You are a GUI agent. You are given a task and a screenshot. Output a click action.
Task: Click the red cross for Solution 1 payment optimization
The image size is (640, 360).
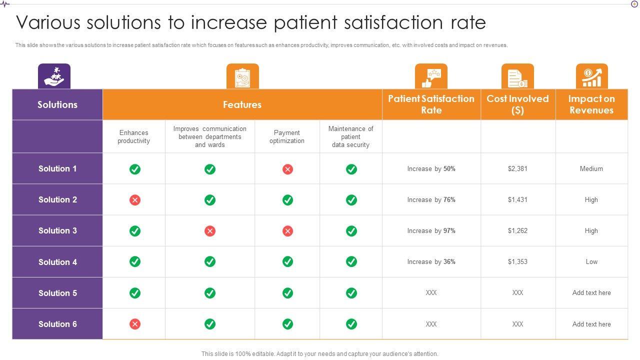pyautogui.click(x=287, y=169)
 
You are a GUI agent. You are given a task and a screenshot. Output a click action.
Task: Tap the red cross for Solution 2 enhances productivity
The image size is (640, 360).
pyautogui.click(x=135, y=200)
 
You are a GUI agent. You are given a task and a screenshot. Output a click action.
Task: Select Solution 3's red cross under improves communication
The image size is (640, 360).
pyautogui.click(x=210, y=231)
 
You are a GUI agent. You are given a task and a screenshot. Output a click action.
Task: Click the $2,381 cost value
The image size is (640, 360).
pyautogui.click(x=517, y=169)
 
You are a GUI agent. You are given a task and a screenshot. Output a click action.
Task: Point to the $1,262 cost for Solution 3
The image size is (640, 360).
pyautogui.click(x=517, y=231)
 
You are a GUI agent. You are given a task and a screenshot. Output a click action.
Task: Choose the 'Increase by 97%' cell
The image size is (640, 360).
pyautogui.click(x=431, y=231)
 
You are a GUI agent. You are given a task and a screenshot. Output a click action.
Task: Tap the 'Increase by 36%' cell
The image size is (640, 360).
pyautogui.click(x=431, y=262)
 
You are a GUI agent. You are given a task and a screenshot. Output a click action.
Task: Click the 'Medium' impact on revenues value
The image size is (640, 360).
pyautogui.click(x=591, y=169)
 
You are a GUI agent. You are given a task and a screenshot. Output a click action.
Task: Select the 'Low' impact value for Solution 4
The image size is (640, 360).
pyautogui.click(x=591, y=262)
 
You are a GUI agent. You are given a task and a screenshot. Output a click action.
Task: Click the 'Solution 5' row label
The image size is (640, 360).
pyautogui.click(x=57, y=293)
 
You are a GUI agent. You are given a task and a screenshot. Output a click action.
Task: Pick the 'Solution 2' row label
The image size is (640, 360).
pyautogui.click(x=57, y=200)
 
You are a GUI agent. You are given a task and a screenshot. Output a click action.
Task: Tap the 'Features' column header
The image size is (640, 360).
pyautogui.click(x=242, y=105)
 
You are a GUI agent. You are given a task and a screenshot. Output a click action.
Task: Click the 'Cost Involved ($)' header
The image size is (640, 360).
pyautogui.click(x=517, y=104)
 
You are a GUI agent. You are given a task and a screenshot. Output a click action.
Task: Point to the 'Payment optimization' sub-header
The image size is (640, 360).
pyautogui.click(x=287, y=137)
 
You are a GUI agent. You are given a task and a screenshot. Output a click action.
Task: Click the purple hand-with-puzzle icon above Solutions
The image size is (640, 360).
pyautogui.click(x=54, y=76)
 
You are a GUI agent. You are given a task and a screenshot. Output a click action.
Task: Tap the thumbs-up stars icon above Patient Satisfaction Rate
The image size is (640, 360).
pyautogui.click(x=431, y=76)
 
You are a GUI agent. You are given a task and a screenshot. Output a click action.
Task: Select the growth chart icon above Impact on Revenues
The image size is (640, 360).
pyautogui.click(x=591, y=76)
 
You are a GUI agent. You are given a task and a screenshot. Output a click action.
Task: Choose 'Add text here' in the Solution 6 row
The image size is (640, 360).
pyautogui.click(x=591, y=324)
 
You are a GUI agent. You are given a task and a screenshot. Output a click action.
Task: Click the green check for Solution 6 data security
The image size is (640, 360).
pyautogui.click(x=351, y=324)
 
